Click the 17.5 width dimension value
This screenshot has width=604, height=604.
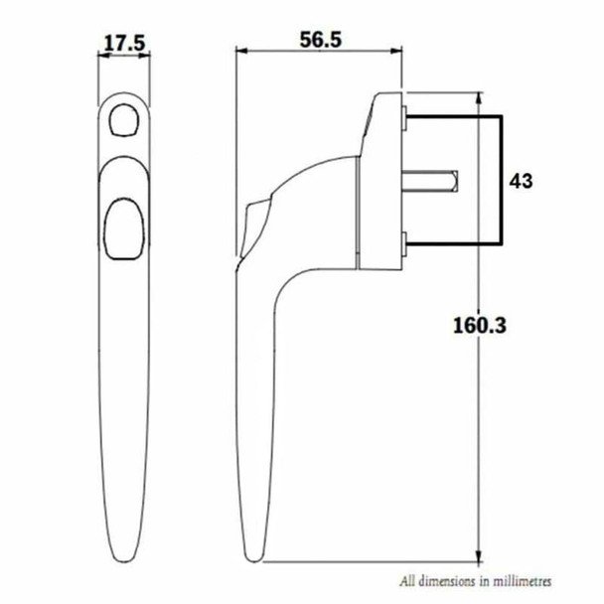[124, 43]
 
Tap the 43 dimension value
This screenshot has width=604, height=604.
[522, 181]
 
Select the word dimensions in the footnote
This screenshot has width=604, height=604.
[441, 580]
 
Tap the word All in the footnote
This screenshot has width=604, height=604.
[407, 580]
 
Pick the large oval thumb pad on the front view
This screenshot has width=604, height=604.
[124, 227]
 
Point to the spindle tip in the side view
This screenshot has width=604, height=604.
[452, 181]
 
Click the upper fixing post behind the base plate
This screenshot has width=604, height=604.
[407, 122]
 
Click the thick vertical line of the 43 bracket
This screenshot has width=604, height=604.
[501, 181]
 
